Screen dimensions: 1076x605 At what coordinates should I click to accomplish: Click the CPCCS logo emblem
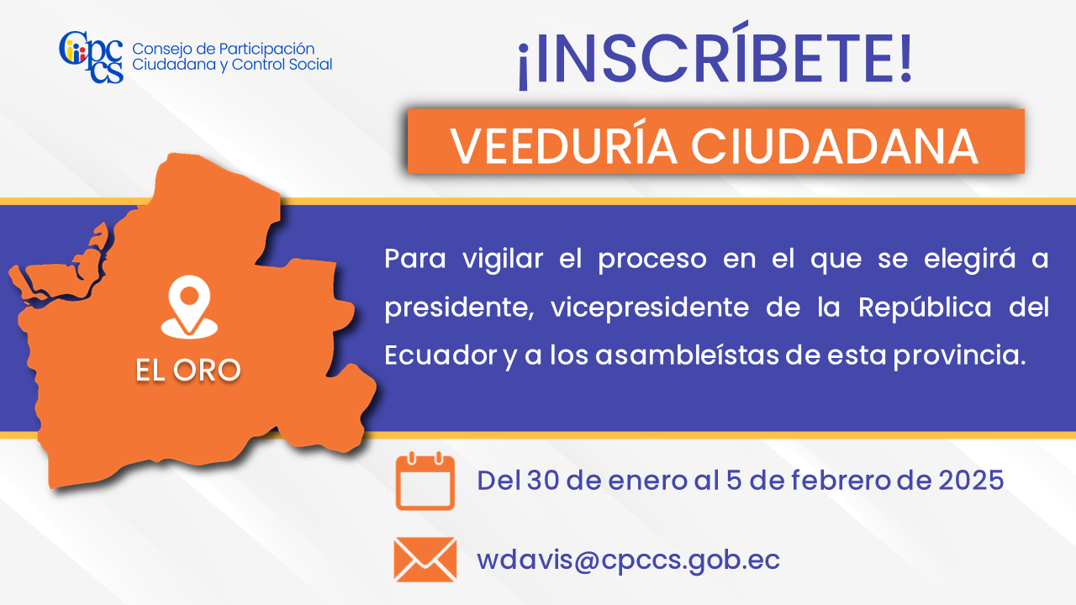click(x=92, y=56)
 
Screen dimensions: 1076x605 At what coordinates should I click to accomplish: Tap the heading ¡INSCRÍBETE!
click(x=715, y=56)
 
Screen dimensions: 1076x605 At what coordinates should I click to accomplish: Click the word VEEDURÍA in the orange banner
click(x=564, y=145)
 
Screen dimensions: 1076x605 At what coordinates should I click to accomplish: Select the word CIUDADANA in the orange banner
click(x=835, y=146)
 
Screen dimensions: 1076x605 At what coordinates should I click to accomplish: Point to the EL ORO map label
click(x=187, y=371)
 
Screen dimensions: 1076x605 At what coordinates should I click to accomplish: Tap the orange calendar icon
click(x=425, y=481)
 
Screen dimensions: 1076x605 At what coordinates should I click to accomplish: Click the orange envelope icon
click(x=425, y=560)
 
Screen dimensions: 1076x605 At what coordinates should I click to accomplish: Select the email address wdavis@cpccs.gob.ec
click(x=628, y=560)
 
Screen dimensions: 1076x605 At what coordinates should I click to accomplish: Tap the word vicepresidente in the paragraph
click(x=650, y=308)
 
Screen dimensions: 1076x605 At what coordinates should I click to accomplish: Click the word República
click(x=925, y=308)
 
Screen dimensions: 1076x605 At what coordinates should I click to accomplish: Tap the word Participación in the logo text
click(x=266, y=50)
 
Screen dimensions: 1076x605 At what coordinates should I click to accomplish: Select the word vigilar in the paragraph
click(x=503, y=260)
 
